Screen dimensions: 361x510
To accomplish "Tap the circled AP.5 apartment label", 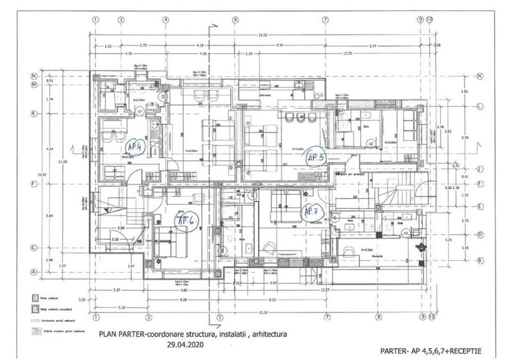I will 317,156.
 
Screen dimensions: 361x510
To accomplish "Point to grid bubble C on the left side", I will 33,247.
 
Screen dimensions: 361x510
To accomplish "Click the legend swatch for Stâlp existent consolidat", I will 28,309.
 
